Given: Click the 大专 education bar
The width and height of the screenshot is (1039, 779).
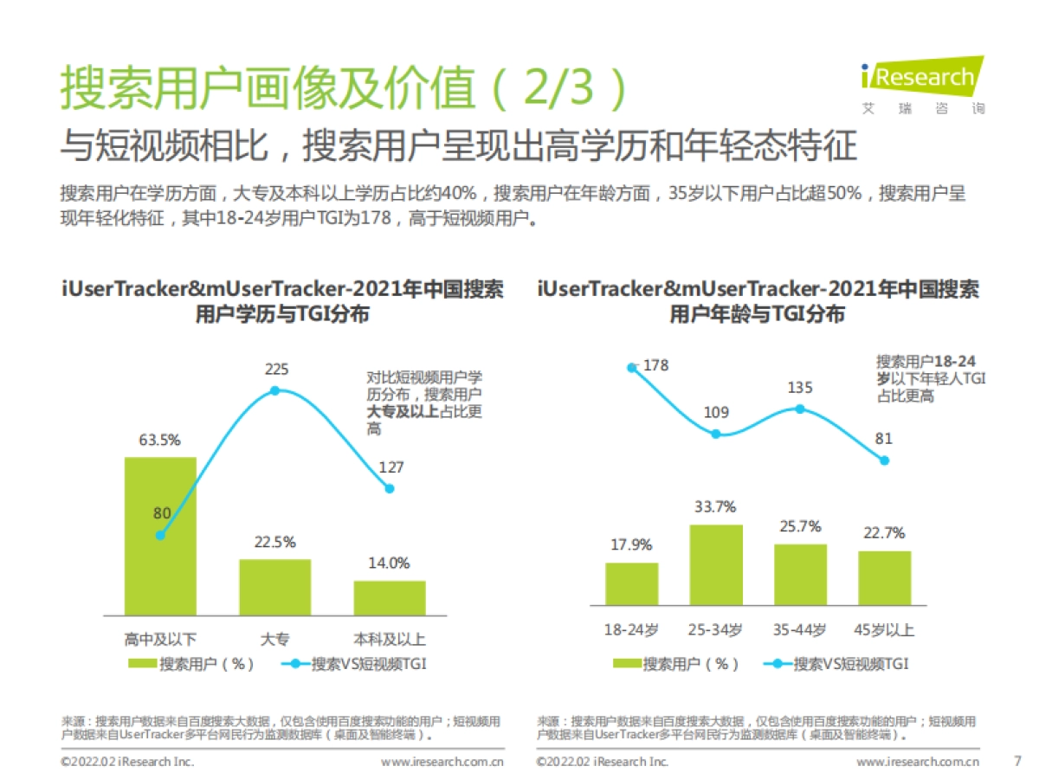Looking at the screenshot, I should [274, 586].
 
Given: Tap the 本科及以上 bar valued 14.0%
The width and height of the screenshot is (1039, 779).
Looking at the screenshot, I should [390, 597].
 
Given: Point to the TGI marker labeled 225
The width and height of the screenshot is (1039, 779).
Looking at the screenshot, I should [275, 390].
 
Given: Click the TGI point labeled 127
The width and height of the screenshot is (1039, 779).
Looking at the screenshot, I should [390, 488].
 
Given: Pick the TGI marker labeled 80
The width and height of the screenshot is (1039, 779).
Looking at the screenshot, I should [160, 535].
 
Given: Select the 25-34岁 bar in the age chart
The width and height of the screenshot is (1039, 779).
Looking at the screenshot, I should [716, 564].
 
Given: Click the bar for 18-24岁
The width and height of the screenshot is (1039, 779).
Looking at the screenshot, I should [631, 583].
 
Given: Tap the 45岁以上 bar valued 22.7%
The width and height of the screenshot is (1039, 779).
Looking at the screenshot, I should [884, 577].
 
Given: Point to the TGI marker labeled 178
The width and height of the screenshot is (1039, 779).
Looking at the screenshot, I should [632, 367].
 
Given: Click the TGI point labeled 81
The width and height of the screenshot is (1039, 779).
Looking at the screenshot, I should [884, 460].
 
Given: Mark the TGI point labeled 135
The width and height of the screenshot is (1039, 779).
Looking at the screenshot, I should [800, 409].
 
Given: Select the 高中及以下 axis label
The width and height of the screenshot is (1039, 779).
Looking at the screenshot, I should [160, 640].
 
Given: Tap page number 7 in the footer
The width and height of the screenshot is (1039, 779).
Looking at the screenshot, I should [1016, 762].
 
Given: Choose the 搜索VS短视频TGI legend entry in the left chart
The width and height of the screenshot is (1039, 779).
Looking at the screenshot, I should [355, 664].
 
